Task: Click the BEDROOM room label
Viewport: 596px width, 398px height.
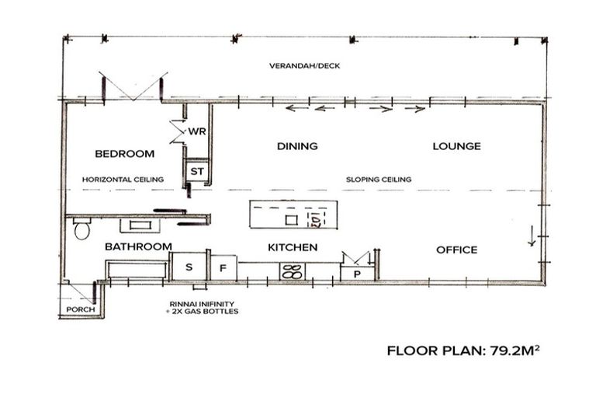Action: pyautogui.click(x=125, y=154)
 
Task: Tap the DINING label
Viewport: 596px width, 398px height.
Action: pyautogui.click(x=297, y=146)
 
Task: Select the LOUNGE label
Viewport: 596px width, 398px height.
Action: pyautogui.click(x=456, y=146)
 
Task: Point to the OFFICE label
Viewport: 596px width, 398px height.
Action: pyautogui.click(x=456, y=250)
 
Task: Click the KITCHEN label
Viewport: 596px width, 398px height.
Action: pyautogui.click(x=293, y=247)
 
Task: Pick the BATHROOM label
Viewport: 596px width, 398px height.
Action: pyautogui.click(x=138, y=246)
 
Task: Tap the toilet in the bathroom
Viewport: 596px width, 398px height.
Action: pyautogui.click(x=81, y=229)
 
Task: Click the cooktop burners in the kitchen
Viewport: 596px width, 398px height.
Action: pyautogui.click(x=293, y=271)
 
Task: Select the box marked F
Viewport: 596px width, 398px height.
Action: pyautogui.click(x=223, y=268)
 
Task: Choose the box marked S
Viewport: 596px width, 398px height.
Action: pyautogui.click(x=189, y=267)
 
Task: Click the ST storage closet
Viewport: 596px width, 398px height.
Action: pyautogui.click(x=197, y=172)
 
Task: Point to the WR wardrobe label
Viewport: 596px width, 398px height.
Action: pyautogui.click(x=197, y=131)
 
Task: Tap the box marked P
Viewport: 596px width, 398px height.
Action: pyautogui.click(x=357, y=274)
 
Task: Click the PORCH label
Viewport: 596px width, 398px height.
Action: pyautogui.click(x=81, y=309)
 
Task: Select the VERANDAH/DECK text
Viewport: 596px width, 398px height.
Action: pyautogui.click(x=304, y=66)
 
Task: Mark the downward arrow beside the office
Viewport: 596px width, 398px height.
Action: pyautogui.click(x=532, y=236)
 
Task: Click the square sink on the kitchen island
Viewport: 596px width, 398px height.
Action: pyautogui.click(x=292, y=220)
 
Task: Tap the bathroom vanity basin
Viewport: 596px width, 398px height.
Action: pyautogui.click(x=140, y=225)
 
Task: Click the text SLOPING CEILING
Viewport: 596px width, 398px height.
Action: pyautogui.click(x=379, y=180)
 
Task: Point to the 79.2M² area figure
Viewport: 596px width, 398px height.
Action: pyautogui.click(x=515, y=351)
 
